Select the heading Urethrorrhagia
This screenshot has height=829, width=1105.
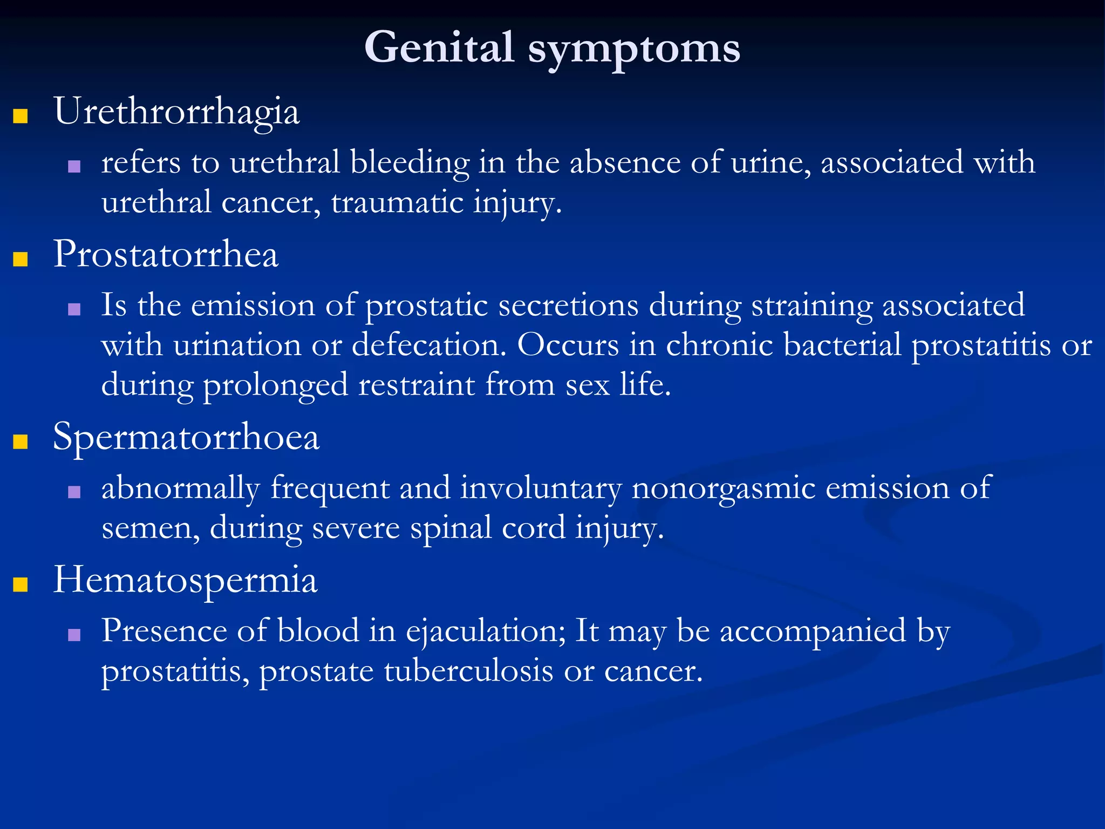[176, 112]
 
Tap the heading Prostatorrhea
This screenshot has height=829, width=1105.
[166, 254]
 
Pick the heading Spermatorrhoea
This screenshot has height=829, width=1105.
[186, 437]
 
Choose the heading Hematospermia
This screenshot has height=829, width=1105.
[185, 580]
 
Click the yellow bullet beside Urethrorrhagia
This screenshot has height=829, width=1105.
[21, 116]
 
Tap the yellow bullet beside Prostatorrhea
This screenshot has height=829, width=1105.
[21, 259]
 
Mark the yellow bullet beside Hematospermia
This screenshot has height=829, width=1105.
[21, 585]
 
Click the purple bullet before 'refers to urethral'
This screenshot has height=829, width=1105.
[74, 166]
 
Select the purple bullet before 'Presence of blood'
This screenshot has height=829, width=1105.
[74, 635]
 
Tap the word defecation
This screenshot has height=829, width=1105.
[429, 345]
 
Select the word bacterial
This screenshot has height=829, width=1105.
[842, 345]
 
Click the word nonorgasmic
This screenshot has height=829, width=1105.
[723, 488]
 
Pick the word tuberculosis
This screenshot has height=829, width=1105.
[468, 671]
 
